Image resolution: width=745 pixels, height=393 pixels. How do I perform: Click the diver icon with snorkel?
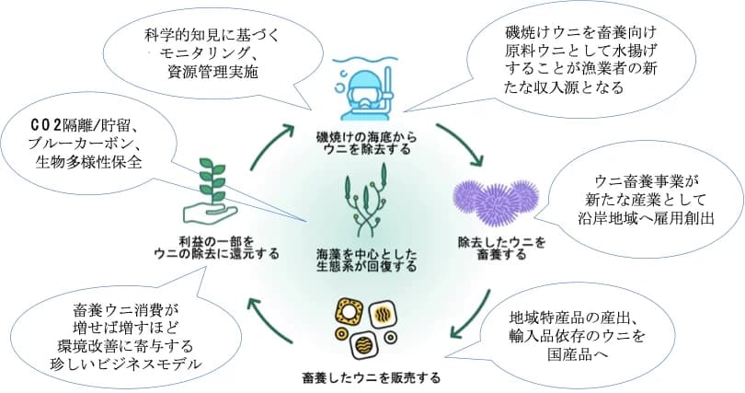point(366,89)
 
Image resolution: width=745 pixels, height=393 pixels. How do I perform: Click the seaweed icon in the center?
point(366,201)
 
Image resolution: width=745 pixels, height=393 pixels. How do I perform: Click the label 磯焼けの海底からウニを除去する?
point(366,143)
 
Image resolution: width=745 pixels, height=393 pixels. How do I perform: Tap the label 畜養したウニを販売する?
point(371,377)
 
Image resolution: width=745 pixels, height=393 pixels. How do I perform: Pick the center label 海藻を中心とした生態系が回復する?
point(366,260)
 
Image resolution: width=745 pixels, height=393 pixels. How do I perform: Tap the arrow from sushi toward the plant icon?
point(271,320)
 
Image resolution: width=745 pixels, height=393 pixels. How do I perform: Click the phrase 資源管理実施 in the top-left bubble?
point(212,71)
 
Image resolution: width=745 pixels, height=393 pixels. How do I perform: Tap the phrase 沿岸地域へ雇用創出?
point(647,218)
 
